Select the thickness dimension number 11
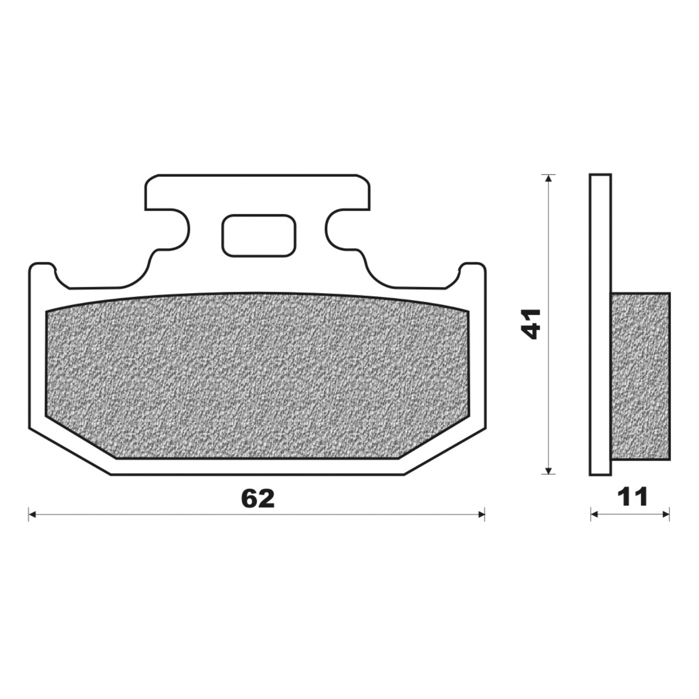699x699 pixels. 632,497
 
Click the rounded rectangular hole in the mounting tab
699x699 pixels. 259,235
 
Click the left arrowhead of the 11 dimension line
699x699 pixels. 594,514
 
